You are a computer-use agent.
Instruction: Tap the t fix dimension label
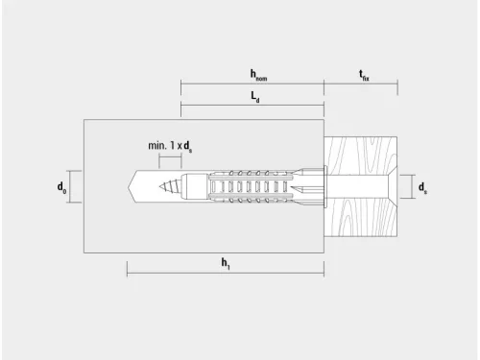[364, 73]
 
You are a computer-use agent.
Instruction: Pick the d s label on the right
[422, 186]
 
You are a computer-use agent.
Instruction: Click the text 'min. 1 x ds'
[171, 145]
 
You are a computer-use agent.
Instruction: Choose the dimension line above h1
[226, 274]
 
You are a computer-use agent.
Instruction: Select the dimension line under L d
[252, 107]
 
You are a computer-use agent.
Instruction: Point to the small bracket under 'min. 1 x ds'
[170, 156]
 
